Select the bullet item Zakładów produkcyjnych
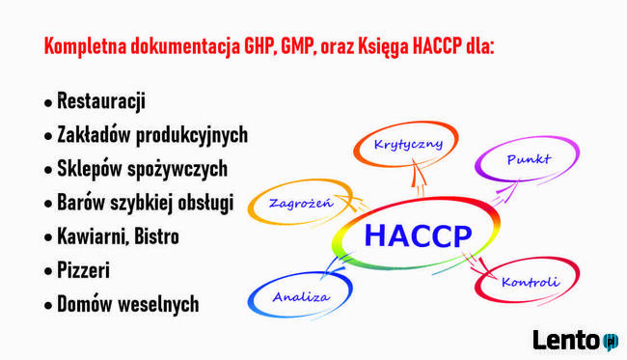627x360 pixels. pyautogui.click(x=152, y=134)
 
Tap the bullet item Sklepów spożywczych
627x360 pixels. pyautogui.click(x=142, y=168)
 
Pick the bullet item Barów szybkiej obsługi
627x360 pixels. pyautogui.click(x=151, y=203)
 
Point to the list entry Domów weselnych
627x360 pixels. pyautogui.click(x=127, y=304)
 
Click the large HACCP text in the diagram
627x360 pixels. pyautogui.click(x=418, y=235)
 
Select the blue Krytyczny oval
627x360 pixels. pyautogui.click(x=408, y=145)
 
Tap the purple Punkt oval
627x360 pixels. pyautogui.click(x=528, y=160)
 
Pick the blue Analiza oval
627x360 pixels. pyautogui.click(x=300, y=295)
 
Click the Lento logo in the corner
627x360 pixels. pyautogui.click(x=575, y=340)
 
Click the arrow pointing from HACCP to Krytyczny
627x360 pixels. pyautogui.click(x=418, y=179)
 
